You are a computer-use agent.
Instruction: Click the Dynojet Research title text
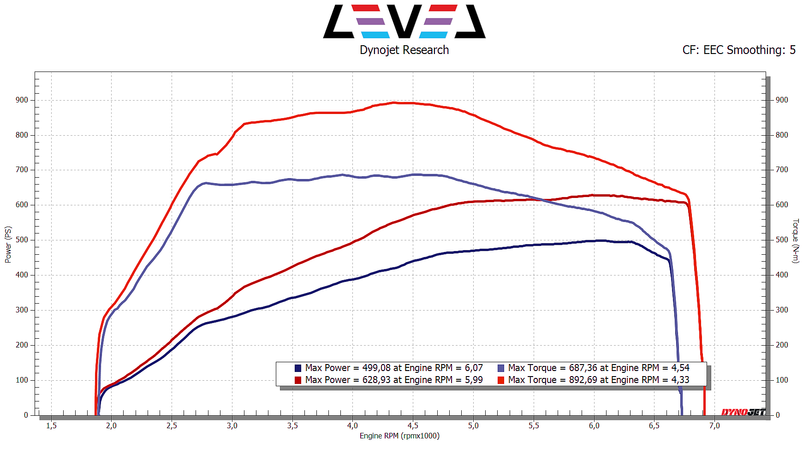(x=404, y=50)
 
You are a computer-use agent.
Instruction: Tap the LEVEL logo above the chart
(x=404, y=21)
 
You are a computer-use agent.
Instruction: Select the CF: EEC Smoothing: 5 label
(x=739, y=50)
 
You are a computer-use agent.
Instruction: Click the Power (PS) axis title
(x=8, y=244)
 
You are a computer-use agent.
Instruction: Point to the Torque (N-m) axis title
(x=795, y=241)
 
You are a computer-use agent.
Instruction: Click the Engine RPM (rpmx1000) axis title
(x=399, y=436)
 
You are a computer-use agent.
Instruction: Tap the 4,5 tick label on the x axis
(x=413, y=425)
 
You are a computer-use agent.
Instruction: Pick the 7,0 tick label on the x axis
(x=714, y=425)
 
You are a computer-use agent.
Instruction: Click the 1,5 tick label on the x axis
(x=51, y=425)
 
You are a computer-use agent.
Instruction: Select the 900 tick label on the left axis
(x=22, y=100)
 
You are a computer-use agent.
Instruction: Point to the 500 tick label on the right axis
(x=782, y=239)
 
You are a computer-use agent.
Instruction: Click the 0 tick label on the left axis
(x=26, y=415)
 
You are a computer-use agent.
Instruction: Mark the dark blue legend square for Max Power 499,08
(x=298, y=368)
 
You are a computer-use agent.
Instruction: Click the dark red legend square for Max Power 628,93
(x=298, y=380)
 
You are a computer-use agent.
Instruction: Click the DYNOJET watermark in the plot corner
(x=743, y=412)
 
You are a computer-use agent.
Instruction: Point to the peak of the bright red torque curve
(x=394, y=102)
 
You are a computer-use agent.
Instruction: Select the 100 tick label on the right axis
(x=782, y=380)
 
